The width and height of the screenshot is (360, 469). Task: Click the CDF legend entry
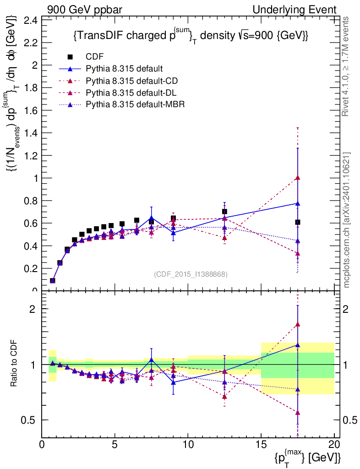coord(95,57)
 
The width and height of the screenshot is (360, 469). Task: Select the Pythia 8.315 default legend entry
coord(124,69)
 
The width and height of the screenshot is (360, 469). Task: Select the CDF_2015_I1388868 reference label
coord(191,274)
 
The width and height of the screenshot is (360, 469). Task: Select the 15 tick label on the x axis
coord(261,444)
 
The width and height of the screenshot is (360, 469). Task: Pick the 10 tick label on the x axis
coord(188,444)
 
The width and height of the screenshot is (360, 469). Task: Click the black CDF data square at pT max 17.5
coord(298,222)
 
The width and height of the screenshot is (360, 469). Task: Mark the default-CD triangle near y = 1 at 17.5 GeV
coord(298,178)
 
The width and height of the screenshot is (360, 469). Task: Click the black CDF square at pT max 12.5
coord(224,212)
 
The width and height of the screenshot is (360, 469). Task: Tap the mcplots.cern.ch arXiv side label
coord(347,220)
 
